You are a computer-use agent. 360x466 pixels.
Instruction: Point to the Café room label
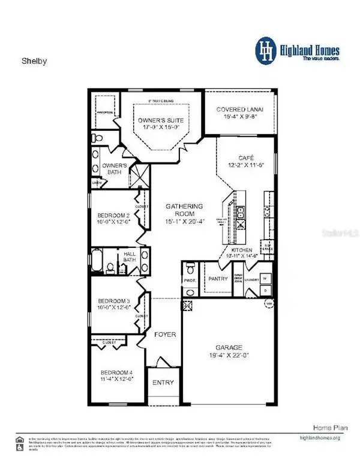(238, 155)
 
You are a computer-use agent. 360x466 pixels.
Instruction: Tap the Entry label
(163, 383)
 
